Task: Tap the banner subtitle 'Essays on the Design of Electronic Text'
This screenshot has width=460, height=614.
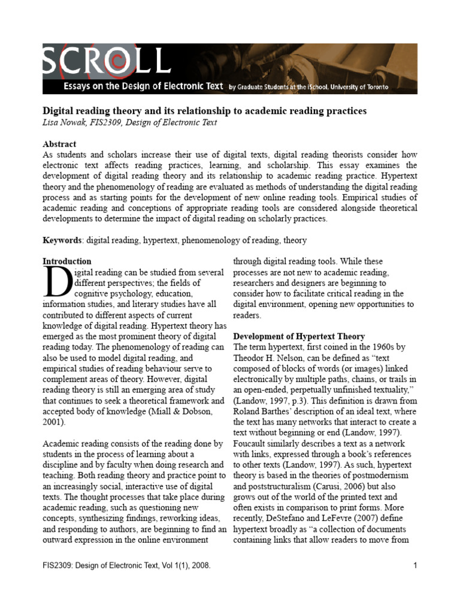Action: point(136,87)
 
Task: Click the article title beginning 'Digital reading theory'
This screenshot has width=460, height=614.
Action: point(204,112)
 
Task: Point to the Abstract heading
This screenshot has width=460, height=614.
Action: point(59,145)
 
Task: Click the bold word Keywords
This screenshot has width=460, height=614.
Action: point(62,240)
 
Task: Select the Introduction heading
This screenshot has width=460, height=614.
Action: point(67,261)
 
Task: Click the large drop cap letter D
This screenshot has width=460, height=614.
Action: point(57,282)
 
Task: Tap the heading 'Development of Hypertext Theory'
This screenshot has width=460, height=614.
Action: point(298,336)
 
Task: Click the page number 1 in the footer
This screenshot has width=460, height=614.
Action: point(414,565)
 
